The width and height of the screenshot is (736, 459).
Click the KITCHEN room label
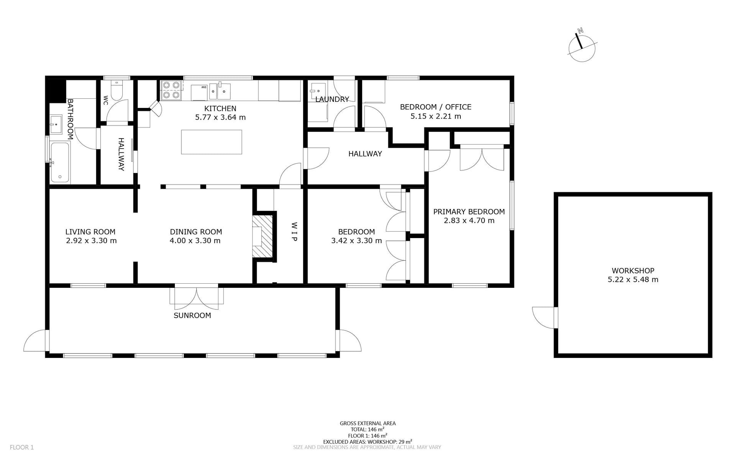coord(220,109)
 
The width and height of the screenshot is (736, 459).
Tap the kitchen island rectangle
coord(212,142)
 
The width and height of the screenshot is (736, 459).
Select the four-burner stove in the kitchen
coord(171,90)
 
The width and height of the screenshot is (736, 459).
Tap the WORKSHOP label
coord(633,271)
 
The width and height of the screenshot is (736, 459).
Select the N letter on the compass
coord(580,31)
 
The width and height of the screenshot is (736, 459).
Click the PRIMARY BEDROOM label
coord(469,212)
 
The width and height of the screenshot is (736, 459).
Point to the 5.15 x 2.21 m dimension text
coord(436,116)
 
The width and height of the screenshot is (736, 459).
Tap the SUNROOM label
coord(192,315)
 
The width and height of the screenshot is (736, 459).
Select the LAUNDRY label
coord(332,100)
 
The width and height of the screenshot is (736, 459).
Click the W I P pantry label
coord(294,232)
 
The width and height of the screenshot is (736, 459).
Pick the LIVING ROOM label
coord(90,232)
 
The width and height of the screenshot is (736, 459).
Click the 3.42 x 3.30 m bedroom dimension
coord(356,241)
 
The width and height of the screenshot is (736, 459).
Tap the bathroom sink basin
coord(56,124)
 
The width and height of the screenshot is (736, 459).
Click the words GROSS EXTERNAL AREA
coord(368,423)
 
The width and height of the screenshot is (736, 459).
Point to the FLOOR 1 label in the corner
coord(22,447)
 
